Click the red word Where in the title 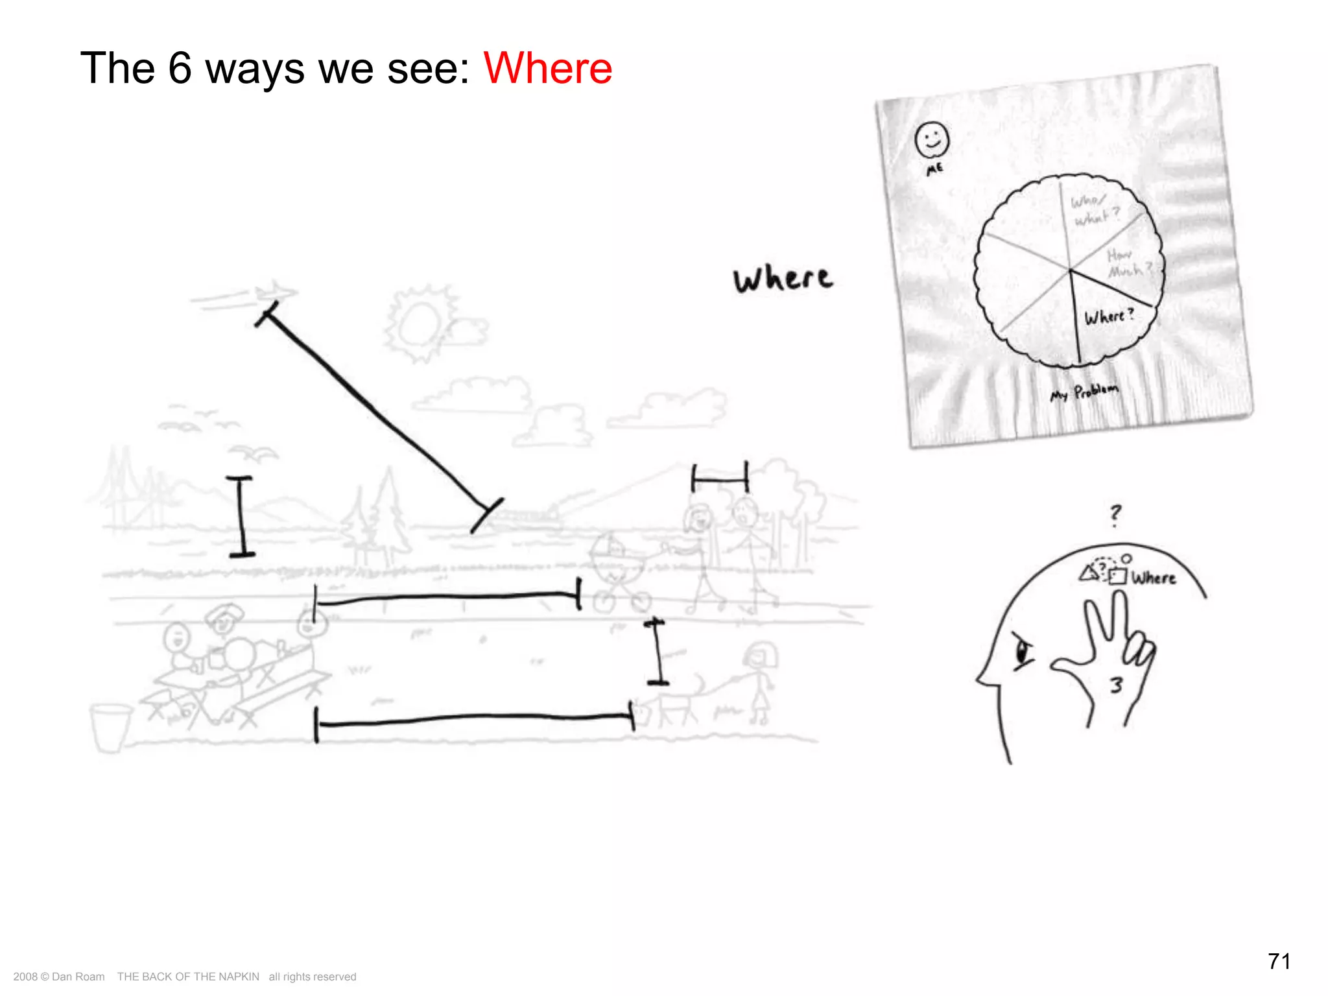[x=548, y=68]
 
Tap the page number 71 [x=1279, y=961]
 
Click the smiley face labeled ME [x=932, y=139]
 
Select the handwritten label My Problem [x=1084, y=392]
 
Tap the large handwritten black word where [x=783, y=279]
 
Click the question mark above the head [x=1115, y=515]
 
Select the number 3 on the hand [x=1116, y=685]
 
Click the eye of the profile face [x=1023, y=651]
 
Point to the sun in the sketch [x=419, y=324]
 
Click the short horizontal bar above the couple [x=720, y=480]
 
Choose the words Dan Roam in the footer [x=78, y=977]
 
